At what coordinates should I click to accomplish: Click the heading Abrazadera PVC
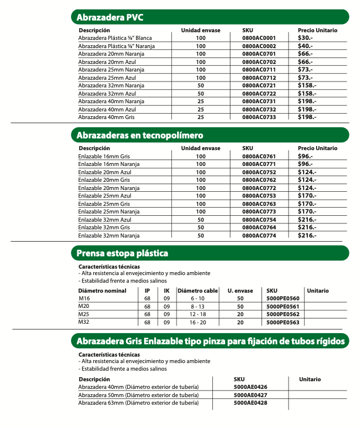click(110, 16)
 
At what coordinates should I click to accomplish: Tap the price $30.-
click(305, 38)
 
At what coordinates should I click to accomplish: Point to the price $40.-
click(305, 46)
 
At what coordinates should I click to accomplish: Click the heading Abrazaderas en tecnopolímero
click(140, 135)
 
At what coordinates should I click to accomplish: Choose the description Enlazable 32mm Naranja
click(108, 235)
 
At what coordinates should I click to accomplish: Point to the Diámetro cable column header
click(198, 291)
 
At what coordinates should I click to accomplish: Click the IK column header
click(167, 291)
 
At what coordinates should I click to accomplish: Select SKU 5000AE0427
click(250, 395)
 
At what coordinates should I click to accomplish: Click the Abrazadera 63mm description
click(138, 403)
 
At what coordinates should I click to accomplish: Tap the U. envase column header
click(240, 291)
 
